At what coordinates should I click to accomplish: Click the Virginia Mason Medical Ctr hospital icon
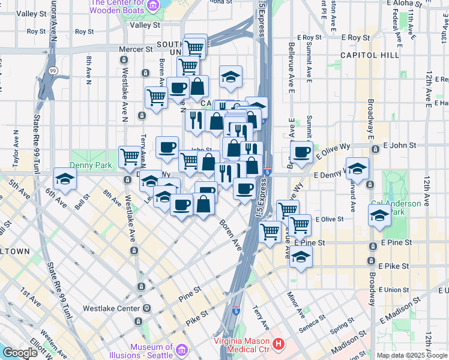tap(279, 344)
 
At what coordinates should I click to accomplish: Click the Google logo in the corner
tap(20, 353)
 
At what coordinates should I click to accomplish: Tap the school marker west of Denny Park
tap(65, 178)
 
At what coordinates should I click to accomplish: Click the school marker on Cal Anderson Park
tap(380, 215)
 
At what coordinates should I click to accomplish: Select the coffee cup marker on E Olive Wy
tap(301, 151)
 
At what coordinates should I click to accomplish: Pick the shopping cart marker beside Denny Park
tap(130, 157)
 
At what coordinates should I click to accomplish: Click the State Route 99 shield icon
tap(53, 71)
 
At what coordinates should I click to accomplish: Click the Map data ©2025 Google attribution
tap(412, 355)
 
